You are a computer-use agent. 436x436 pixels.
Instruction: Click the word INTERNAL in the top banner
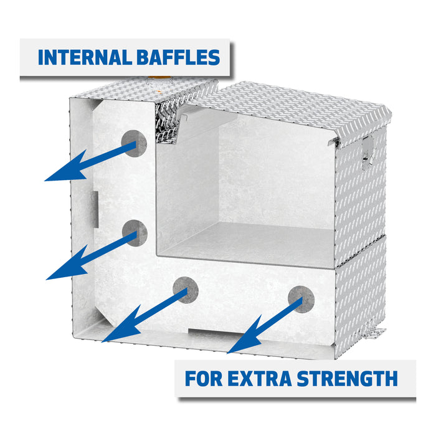click(85, 57)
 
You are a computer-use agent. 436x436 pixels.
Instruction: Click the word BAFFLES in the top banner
click(178, 57)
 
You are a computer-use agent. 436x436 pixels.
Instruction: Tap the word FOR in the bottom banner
click(204, 379)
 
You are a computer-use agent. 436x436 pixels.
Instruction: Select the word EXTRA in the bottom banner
click(260, 379)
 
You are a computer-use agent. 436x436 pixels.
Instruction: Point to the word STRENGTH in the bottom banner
click(348, 379)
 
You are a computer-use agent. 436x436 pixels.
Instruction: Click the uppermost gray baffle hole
click(134, 143)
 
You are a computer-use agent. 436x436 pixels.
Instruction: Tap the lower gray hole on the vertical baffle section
click(135, 233)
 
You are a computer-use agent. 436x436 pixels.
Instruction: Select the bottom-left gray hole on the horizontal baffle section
click(186, 290)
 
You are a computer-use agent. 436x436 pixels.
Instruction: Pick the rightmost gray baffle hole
click(301, 299)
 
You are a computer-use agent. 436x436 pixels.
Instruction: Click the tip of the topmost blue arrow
click(44, 181)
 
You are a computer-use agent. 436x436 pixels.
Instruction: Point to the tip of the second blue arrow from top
click(46, 280)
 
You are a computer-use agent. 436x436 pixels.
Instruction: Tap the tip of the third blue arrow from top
click(102, 342)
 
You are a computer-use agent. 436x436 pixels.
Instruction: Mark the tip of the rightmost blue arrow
click(227, 353)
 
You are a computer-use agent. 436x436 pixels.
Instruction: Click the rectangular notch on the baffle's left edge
click(95, 209)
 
